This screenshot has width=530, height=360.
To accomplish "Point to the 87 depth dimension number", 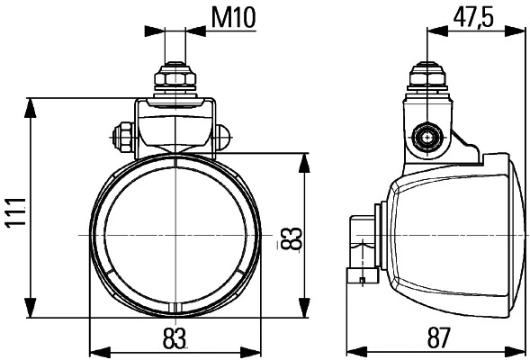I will pos(438,339).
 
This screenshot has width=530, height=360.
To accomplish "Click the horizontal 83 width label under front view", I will pos(175,339).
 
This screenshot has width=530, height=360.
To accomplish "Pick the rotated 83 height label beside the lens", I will pos(289,238).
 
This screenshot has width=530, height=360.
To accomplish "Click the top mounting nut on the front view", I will pos(176,80).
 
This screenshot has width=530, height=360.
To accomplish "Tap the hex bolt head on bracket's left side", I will pos(122,139).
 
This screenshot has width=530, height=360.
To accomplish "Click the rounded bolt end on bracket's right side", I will pos(223,139).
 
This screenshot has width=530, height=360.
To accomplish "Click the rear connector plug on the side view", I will pos(364,249).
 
